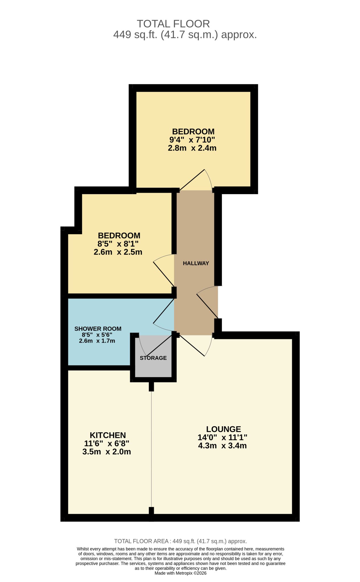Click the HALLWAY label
coord(196,263)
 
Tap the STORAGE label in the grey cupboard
coord(153,358)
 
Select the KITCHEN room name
coord(108,435)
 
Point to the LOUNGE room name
coord(224,429)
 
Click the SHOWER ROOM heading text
coord(98,329)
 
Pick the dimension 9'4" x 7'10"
coord(192,140)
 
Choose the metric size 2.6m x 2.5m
coord(118,252)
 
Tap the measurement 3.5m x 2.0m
coord(107,452)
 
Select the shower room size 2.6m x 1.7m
coord(97,341)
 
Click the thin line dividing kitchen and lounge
coord(152,449)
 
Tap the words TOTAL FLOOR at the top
coord(173,24)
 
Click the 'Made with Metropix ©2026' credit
coord(181,573)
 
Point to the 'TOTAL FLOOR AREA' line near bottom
coord(180,541)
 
